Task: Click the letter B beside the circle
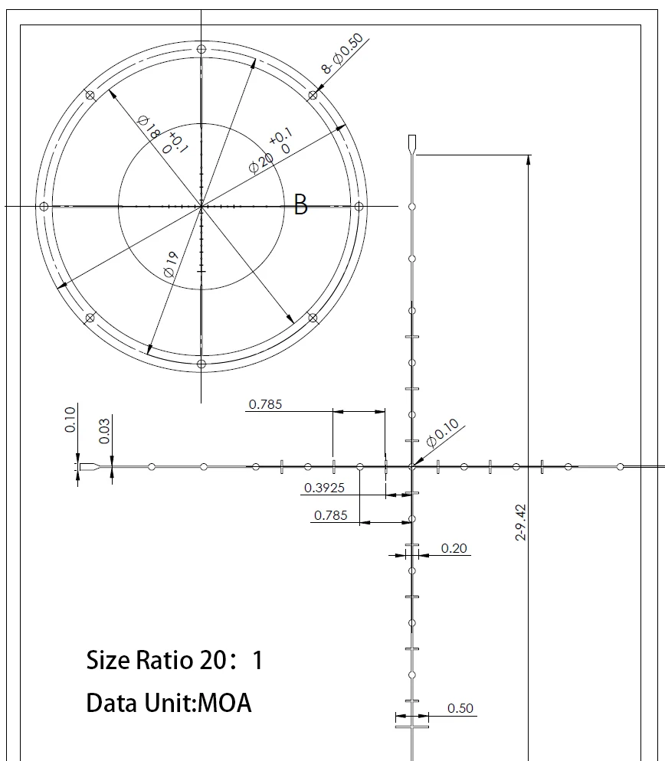point(301,205)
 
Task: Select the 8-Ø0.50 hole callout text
point(342,54)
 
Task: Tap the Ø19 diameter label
point(172,264)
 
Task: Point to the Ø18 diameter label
point(148,127)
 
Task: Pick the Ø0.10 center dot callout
point(443,433)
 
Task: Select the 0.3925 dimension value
point(324,488)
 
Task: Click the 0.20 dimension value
point(454,548)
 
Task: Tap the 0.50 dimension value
point(460,709)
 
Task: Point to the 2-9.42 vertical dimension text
point(521,522)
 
